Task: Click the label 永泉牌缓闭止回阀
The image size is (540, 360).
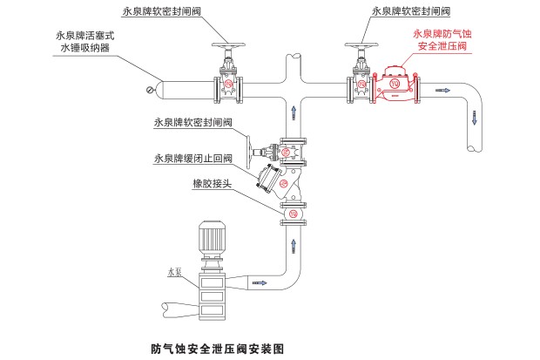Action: pos(193,159)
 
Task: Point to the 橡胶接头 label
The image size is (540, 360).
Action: pos(212,185)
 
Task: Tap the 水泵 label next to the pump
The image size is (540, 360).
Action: pos(173,272)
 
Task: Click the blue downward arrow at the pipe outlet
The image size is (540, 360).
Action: pos(476,116)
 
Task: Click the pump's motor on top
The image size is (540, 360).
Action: pos(212,236)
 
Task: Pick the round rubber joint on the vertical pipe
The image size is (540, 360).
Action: pos(293,214)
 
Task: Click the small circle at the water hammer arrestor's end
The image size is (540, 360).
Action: pos(151,89)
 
